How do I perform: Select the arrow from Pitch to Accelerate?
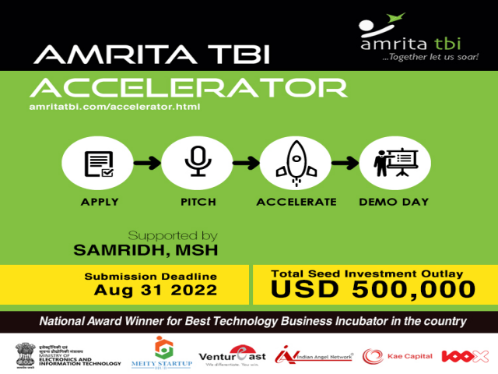pyautogui.click(x=244, y=163)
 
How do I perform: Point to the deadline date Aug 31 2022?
pyautogui.click(x=150, y=290)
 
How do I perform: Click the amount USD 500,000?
pyautogui.click(x=372, y=289)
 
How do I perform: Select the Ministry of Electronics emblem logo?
pyautogui.click(x=68, y=355)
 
